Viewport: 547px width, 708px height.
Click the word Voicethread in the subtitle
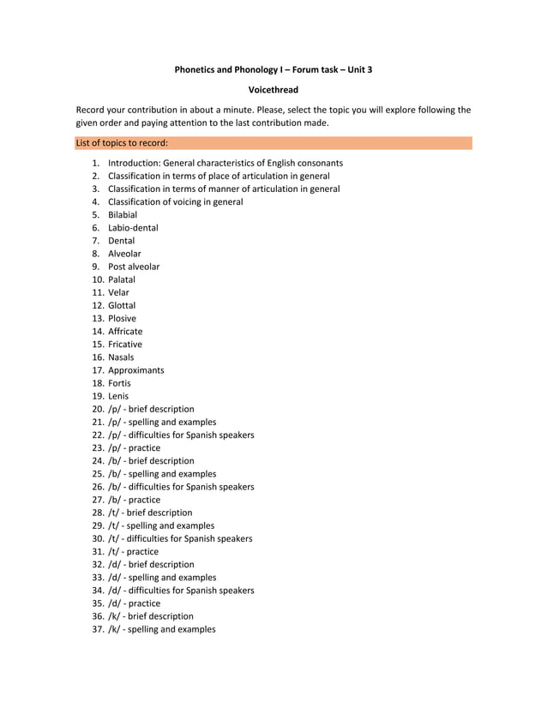[273, 89]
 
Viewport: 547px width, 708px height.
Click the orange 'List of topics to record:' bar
[273, 143]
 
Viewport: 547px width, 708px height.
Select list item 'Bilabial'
[123, 215]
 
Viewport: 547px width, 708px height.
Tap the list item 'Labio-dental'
[133, 228]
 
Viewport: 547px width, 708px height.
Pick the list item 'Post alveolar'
[134, 267]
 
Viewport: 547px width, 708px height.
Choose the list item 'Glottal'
[122, 305]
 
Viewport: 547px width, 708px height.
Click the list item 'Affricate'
[125, 331]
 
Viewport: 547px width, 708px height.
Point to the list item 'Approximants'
[135, 370]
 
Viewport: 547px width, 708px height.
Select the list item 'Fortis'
[119, 383]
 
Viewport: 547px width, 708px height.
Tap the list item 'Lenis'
[118, 396]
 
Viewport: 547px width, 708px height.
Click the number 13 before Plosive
[98, 318]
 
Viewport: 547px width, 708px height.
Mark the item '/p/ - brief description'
[151, 409]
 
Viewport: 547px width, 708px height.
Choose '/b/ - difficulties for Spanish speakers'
[181, 487]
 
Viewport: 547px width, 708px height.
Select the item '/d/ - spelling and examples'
[162, 578]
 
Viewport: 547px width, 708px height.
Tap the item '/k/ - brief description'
[151, 616]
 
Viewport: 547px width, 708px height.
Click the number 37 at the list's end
[98, 629]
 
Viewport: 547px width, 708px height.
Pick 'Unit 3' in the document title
[358, 69]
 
